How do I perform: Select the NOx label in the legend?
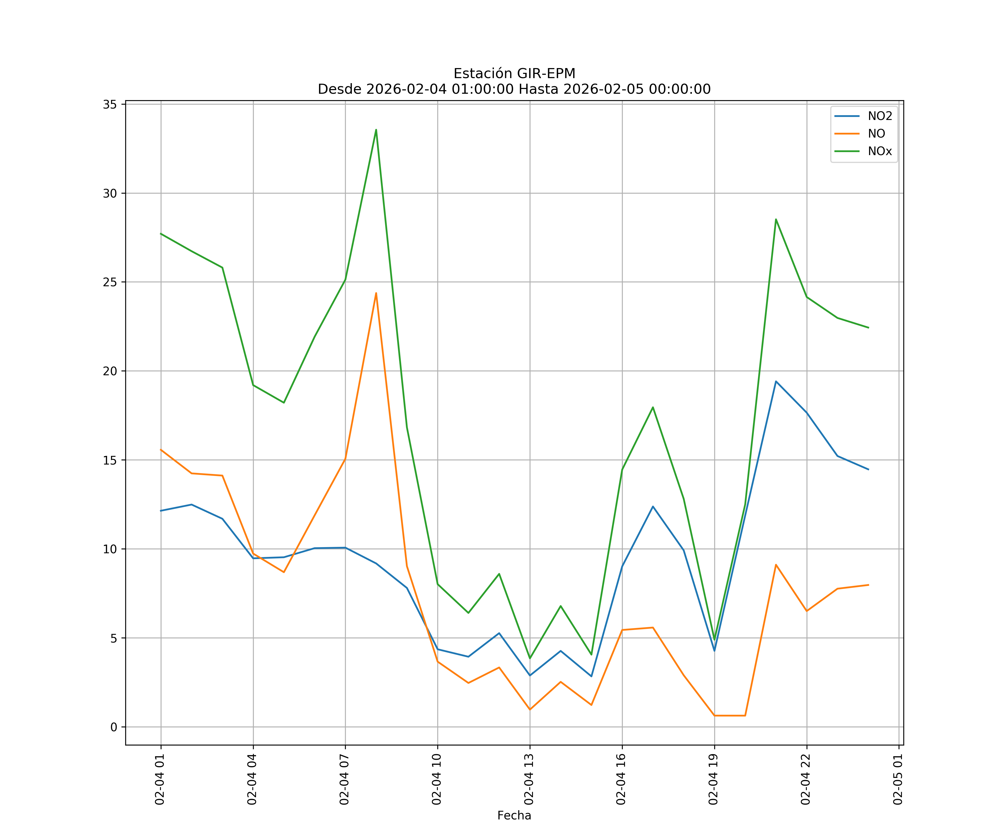(x=880, y=151)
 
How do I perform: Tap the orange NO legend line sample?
(x=847, y=134)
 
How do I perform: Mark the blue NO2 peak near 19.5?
(x=776, y=381)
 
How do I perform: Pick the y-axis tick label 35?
(x=110, y=104)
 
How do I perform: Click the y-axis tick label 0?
(x=114, y=727)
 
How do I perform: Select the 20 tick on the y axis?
(x=110, y=371)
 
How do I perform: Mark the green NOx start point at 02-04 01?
(x=161, y=234)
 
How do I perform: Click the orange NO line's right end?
(x=868, y=585)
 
